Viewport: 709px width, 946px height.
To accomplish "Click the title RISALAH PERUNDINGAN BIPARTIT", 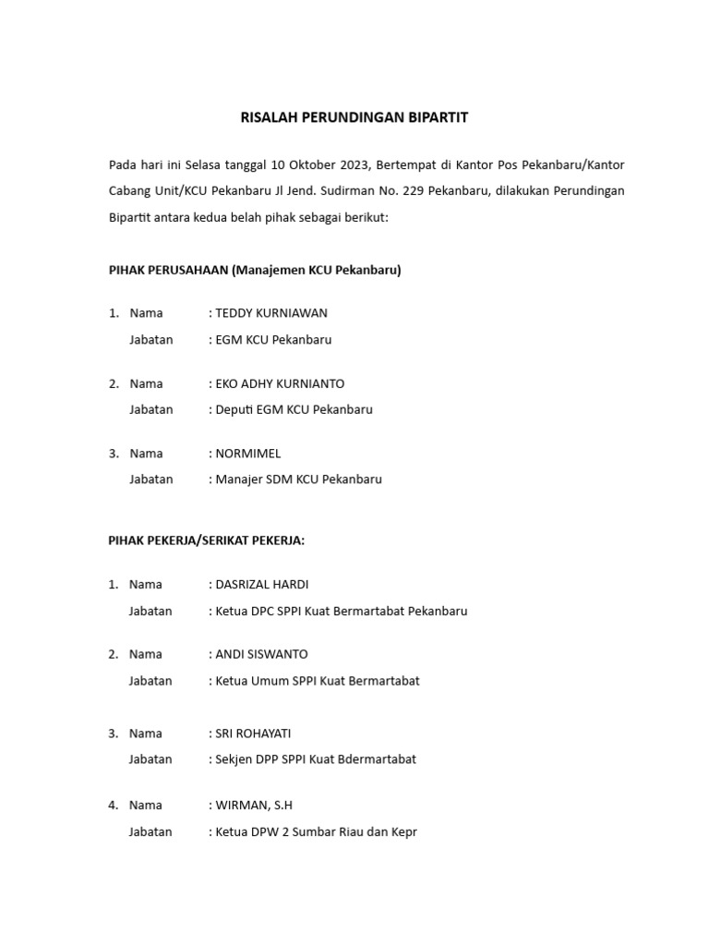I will (x=354, y=117).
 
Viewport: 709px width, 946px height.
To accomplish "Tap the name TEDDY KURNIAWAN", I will (x=270, y=313).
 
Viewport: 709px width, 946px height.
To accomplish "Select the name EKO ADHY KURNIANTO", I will (x=279, y=383).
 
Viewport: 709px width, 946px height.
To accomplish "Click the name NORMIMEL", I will (x=247, y=454).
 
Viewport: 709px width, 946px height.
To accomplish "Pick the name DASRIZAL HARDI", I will (x=262, y=585).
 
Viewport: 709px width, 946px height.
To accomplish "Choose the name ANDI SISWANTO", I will (x=261, y=655).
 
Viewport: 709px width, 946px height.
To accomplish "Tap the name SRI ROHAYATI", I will (x=253, y=734).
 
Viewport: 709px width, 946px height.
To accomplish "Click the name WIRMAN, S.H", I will (x=254, y=806).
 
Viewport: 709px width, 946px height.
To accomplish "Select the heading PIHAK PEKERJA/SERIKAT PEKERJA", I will (x=206, y=540).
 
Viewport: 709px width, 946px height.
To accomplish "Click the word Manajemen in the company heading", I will (x=268, y=271).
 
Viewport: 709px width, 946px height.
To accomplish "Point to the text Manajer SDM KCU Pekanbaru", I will (x=296, y=479).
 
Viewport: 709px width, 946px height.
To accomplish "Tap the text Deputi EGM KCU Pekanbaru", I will (x=293, y=409).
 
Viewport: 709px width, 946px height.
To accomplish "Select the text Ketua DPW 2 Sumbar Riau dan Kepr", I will (x=315, y=831).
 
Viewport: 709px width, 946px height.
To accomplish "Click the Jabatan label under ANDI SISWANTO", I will (x=150, y=681).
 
